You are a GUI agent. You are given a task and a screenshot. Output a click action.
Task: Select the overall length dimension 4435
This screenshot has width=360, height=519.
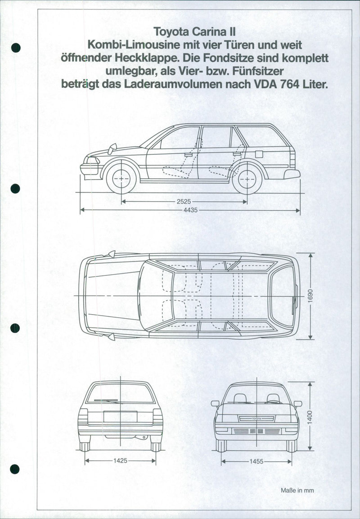coord(189,210)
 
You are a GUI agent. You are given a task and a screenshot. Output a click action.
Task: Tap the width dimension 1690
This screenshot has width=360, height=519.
coord(310,296)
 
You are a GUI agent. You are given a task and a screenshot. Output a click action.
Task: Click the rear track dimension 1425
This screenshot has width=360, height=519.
coord(120,461)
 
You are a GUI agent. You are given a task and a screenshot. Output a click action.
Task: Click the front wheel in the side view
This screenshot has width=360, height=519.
coord(121,179)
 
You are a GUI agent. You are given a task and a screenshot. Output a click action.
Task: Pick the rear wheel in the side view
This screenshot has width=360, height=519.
coord(247,179)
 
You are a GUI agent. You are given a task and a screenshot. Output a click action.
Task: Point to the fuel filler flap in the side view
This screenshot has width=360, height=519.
coord(259,154)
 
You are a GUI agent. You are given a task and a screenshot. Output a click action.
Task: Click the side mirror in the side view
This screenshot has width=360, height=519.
coord(112,149)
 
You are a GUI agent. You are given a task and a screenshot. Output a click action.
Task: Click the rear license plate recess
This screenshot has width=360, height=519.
coord(120,417)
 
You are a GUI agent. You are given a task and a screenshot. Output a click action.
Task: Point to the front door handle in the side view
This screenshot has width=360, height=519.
coord(189,154)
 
